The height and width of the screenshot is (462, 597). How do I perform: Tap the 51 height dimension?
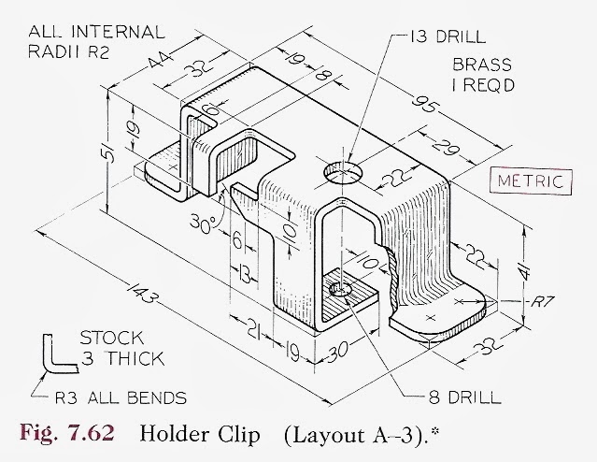point(109,152)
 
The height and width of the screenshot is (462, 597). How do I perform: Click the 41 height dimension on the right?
point(525,270)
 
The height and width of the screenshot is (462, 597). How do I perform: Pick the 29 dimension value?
point(445,147)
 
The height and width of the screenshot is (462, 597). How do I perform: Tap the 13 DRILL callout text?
point(448,36)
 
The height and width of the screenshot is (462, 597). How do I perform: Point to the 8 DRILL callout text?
point(464,397)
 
